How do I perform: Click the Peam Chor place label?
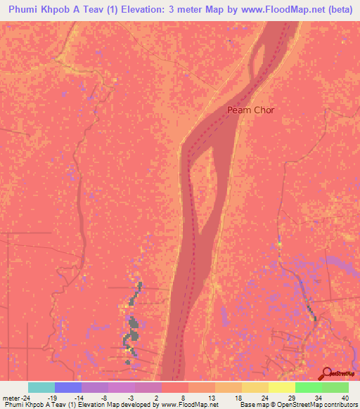(x=250, y=110)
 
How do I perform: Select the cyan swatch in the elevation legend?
(x=41, y=387)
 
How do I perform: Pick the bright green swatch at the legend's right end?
(x=335, y=387)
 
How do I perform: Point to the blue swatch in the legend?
(x=68, y=387)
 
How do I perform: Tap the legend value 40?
(x=345, y=397)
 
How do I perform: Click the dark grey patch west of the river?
(x=131, y=330)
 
